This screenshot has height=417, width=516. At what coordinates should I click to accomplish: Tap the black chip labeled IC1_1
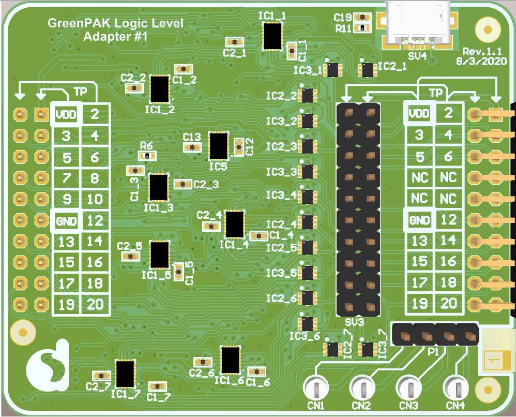pos(272,36)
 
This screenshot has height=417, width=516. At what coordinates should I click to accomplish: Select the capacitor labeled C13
pos(192,147)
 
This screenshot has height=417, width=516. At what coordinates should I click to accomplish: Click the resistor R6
pos(147,155)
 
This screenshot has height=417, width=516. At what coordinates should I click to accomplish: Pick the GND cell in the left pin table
pos(66,221)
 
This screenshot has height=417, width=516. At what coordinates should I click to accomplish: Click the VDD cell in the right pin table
pos(419,113)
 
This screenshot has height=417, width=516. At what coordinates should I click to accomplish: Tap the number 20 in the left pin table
pos(95,305)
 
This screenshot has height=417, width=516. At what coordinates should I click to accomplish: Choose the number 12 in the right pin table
pos(448,220)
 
